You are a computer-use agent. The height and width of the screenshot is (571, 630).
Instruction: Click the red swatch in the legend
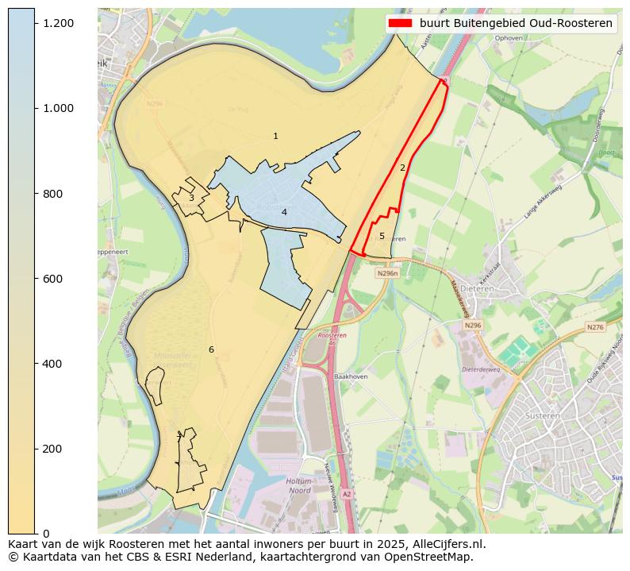pos(400,23)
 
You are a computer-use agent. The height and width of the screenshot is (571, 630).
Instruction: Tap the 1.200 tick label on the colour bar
pos(59,23)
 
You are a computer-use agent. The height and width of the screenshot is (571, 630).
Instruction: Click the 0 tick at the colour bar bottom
pos(47,534)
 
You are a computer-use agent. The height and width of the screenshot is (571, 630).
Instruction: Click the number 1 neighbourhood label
pos(275,137)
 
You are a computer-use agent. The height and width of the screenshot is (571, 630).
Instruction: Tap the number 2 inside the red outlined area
pos(402,168)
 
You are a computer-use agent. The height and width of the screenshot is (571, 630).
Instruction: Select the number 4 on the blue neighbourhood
pos(284,212)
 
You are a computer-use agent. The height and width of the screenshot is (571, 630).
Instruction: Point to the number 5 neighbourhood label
pos(382,236)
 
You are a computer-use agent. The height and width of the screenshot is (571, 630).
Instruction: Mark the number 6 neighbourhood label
pos(211,349)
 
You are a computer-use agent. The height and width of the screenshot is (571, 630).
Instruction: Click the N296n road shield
pos(387,273)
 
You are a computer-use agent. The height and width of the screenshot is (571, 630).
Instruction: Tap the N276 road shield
pos(595,327)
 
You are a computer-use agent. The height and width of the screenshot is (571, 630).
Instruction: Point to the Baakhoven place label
pos(351,376)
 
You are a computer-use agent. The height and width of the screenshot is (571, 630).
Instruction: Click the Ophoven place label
pos(508,37)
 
